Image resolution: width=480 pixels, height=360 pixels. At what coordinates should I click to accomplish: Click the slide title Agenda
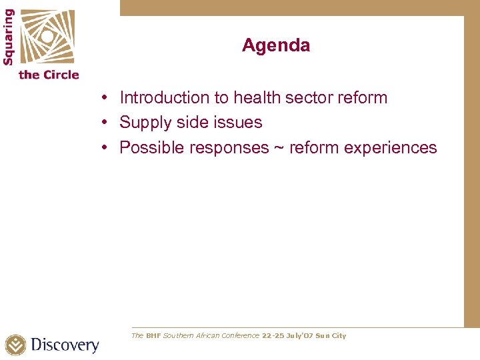click(x=276, y=46)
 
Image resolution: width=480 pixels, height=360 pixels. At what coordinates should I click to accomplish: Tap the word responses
click(x=229, y=148)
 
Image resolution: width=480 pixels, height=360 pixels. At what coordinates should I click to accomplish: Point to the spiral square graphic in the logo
click(x=46, y=36)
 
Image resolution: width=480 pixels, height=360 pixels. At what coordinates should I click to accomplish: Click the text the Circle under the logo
click(x=49, y=75)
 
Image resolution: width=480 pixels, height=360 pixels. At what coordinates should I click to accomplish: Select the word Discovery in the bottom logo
click(x=65, y=345)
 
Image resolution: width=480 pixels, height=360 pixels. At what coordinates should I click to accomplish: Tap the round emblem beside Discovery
click(x=16, y=345)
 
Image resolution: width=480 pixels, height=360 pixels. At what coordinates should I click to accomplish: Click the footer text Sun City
click(x=331, y=336)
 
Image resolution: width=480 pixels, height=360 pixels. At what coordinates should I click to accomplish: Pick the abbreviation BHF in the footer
click(x=153, y=336)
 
